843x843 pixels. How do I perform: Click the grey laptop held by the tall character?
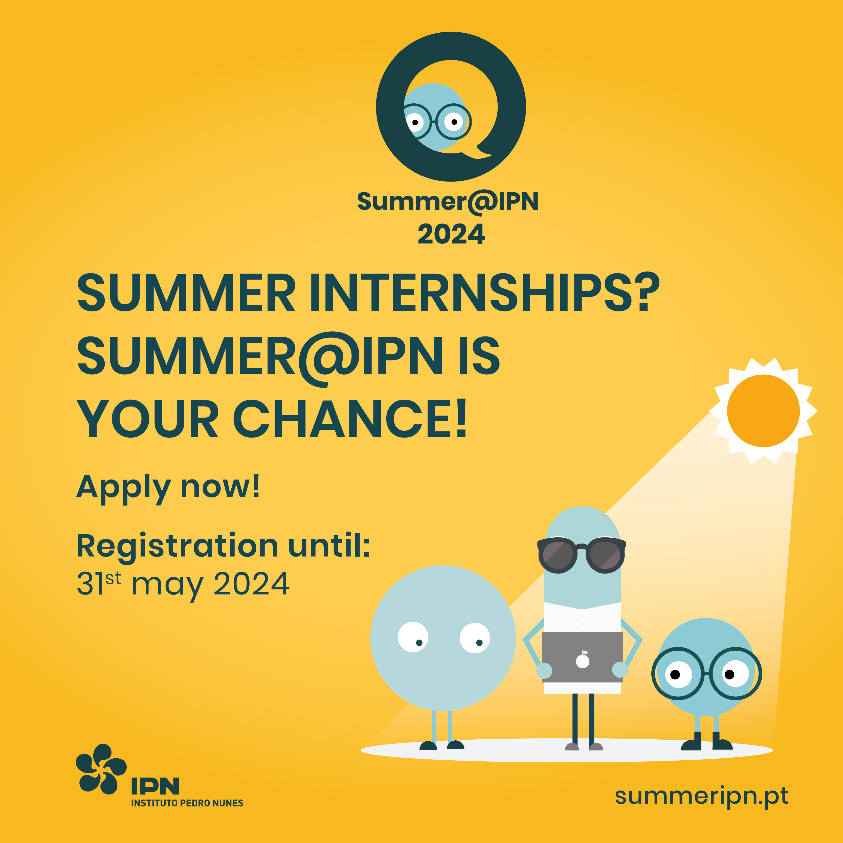click(x=582, y=657)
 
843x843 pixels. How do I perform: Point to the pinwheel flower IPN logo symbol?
click(x=101, y=769)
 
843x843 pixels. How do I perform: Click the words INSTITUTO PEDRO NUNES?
click(x=187, y=803)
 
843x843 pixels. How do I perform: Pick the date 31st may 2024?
click(x=183, y=584)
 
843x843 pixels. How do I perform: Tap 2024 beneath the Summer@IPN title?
click(x=451, y=234)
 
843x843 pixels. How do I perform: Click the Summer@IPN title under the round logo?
click(x=448, y=202)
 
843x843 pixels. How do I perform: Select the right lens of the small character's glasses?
click(x=736, y=674)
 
